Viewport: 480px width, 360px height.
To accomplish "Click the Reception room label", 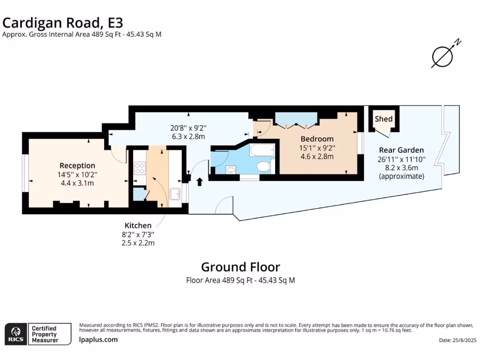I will click(x=77, y=165).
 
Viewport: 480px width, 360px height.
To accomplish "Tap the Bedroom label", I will click(x=317, y=139).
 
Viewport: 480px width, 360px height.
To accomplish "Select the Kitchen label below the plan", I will click(x=138, y=225).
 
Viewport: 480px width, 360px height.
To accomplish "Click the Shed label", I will click(x=383, y=119).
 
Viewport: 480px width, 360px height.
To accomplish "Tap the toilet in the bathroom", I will click(x=263, y=166).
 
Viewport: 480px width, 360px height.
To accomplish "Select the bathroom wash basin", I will click(x=230, y=170).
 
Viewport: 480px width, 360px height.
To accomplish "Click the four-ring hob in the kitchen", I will click(x=140, y=168).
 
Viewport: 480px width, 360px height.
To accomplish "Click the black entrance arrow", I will click(x=199, y=181).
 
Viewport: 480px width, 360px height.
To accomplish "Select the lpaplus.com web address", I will click(x=98, y=340).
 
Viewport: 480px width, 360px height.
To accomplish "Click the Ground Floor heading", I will click(x=240, y=267).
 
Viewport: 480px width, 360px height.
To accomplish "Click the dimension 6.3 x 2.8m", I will click(x=188, y=136).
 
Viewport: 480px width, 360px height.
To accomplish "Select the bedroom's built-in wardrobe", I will click(x=296, y=119).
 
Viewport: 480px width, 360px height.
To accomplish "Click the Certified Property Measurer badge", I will click(x=50, y=334).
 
